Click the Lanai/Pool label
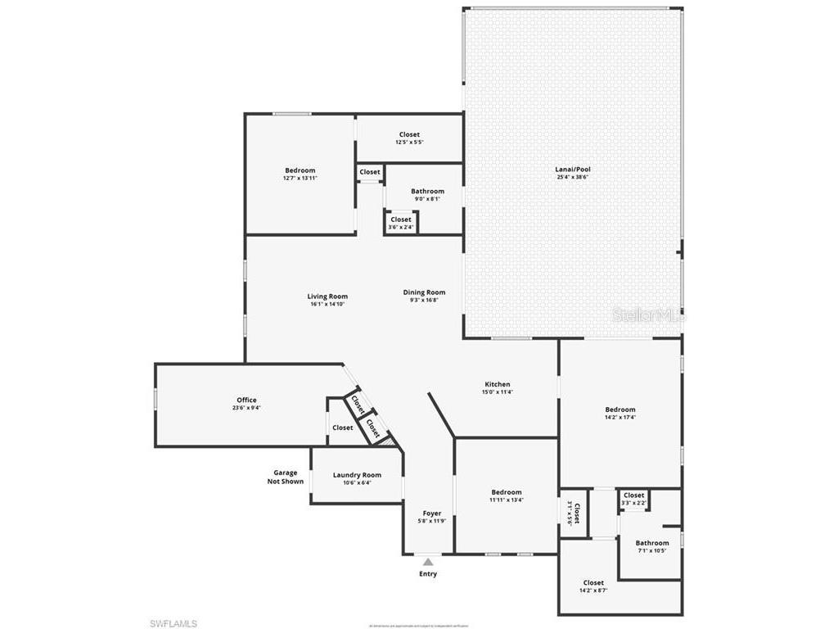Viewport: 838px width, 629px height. (x=572, y=170)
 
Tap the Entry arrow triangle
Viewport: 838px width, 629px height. (x=427, y=562)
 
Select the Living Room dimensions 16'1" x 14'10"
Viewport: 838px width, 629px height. (x=327, y=305)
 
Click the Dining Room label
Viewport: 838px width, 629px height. (x=424, y=292)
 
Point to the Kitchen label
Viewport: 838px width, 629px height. (x=497, y=384)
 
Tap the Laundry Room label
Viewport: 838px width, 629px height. (x=357, y=475)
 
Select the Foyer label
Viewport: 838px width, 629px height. (x=431, y=514)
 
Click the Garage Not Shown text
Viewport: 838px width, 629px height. (x=285, y=477)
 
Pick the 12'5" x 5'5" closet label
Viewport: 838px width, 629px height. (x=409, y=138)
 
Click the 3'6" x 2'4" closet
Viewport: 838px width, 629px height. (x=401, y=223)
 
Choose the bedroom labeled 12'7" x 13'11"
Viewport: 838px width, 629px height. (x=300, y=174)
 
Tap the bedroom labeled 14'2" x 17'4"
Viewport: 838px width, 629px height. (x=619, y=413)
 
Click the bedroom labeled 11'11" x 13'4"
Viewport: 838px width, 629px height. (x=507, y=496)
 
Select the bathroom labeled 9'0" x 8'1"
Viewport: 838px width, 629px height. (x=427, y=194)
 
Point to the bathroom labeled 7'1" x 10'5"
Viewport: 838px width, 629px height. (x=652, y=546)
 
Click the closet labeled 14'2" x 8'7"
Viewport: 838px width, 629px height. (x=593, y=586)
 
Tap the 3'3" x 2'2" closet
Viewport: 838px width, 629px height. (x=633, y=498)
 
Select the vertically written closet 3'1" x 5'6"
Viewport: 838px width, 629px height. (x=574, y=513)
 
